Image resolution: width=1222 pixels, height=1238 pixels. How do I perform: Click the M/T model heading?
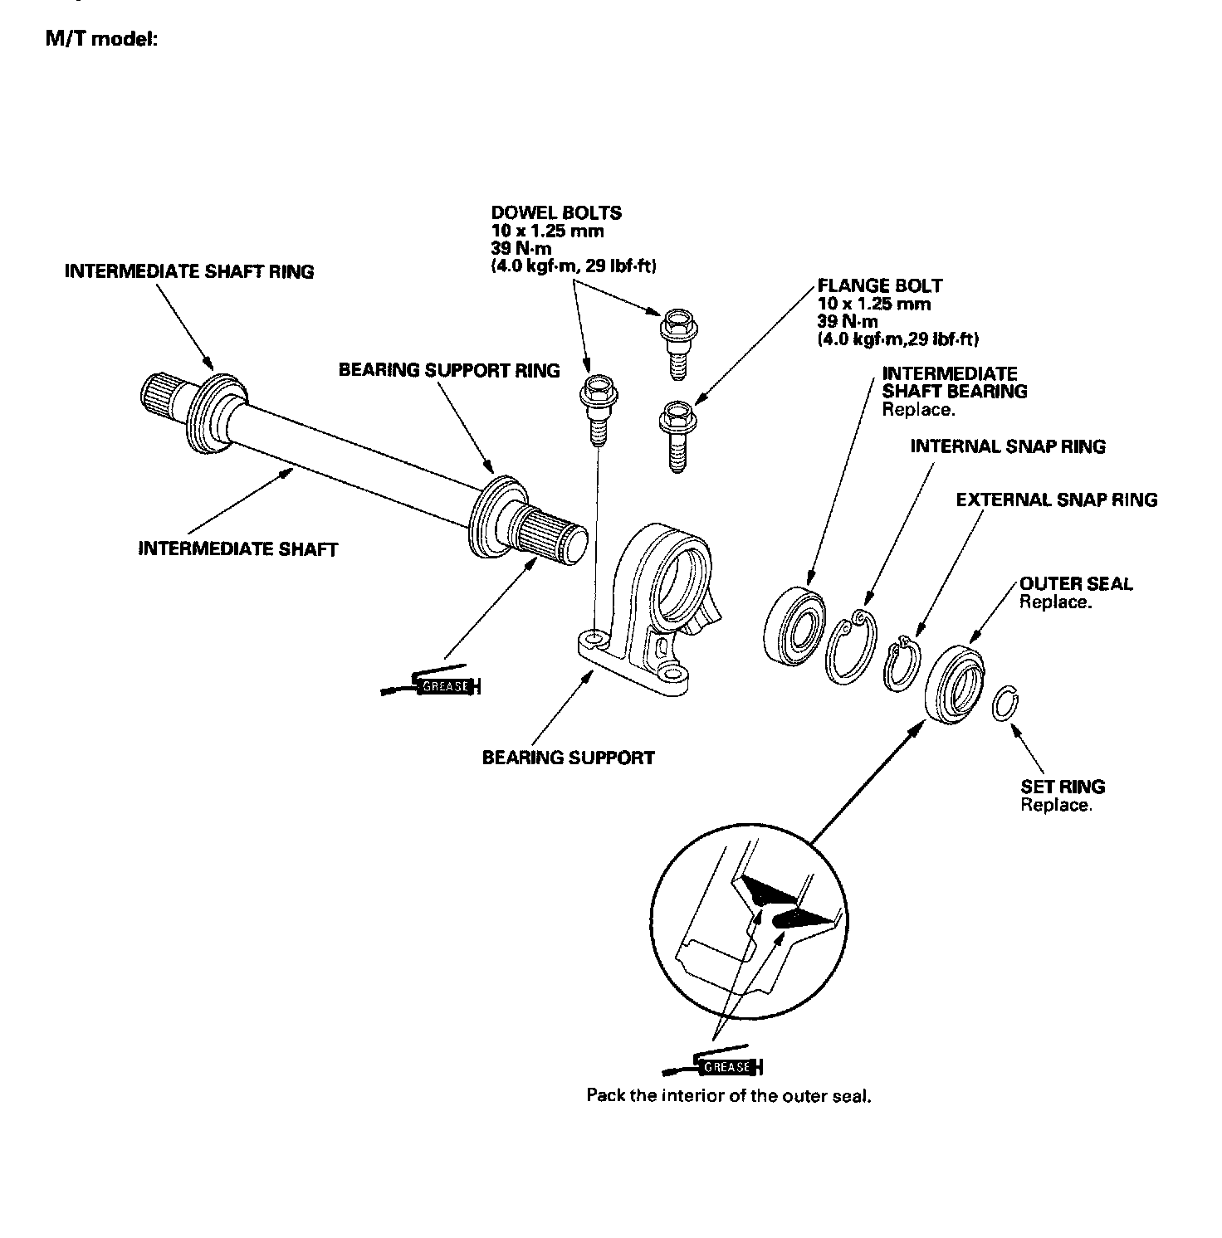tap(100, 40)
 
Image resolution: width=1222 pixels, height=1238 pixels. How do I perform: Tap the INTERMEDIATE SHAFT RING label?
tap(189, 271)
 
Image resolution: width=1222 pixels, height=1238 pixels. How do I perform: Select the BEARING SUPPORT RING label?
tap(449, 370)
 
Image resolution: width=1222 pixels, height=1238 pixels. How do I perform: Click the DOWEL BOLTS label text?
tap(556, 213)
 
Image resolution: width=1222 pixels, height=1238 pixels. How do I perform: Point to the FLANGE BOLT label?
tap(880, 286)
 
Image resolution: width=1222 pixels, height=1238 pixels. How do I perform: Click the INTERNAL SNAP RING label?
tap(1008, 446)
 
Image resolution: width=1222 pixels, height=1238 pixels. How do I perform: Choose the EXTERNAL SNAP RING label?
tap(1056, 500)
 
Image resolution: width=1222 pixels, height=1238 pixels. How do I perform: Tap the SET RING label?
tap(1063, 787)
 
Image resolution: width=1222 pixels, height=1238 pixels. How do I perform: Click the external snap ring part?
tap(902, 664)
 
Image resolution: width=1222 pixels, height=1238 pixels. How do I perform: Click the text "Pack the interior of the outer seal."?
tap(729, 1095)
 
